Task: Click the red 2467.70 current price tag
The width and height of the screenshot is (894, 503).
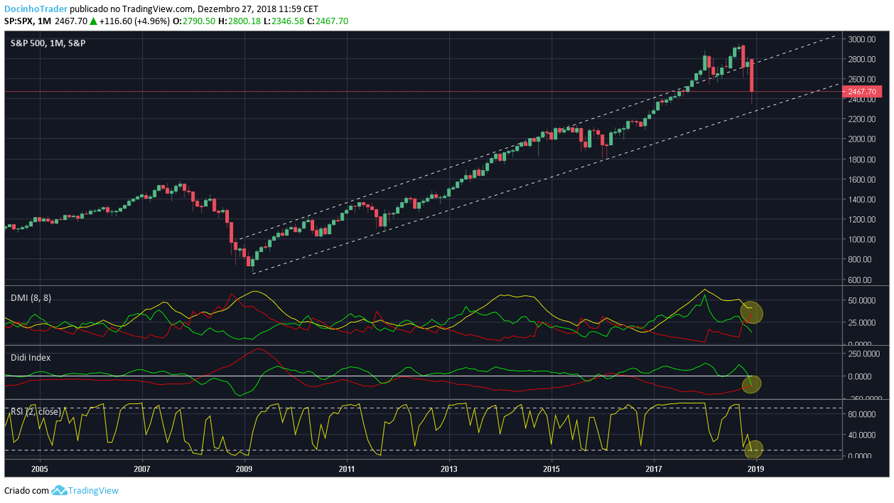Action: [x=861, y=92]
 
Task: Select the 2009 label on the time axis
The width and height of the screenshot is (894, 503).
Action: [x=244, y=470]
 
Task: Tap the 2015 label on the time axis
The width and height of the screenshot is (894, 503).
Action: [x=551, y=470]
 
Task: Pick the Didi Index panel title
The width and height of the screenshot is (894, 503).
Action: [x=31, y=357]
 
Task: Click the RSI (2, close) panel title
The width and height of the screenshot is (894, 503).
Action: [x=36, y=411]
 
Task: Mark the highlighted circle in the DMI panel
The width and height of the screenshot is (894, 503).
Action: [x=751, y=312]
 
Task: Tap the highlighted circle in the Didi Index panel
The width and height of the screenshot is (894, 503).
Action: [x=752, y=384]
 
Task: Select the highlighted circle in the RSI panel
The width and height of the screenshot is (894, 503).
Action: [x=754, y=449]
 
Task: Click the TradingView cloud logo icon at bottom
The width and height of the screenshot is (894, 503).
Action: [x=59, y=490]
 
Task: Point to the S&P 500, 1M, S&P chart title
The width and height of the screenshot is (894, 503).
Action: [x=48, y=43]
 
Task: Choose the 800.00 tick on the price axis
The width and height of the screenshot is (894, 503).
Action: [x=861, y=260]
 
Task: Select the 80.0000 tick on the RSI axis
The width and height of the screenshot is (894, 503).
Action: [x=863, y=413]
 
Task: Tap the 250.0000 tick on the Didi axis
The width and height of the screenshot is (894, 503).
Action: [x=864, y=353]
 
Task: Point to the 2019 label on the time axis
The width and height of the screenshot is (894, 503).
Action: [x=756, y=470]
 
